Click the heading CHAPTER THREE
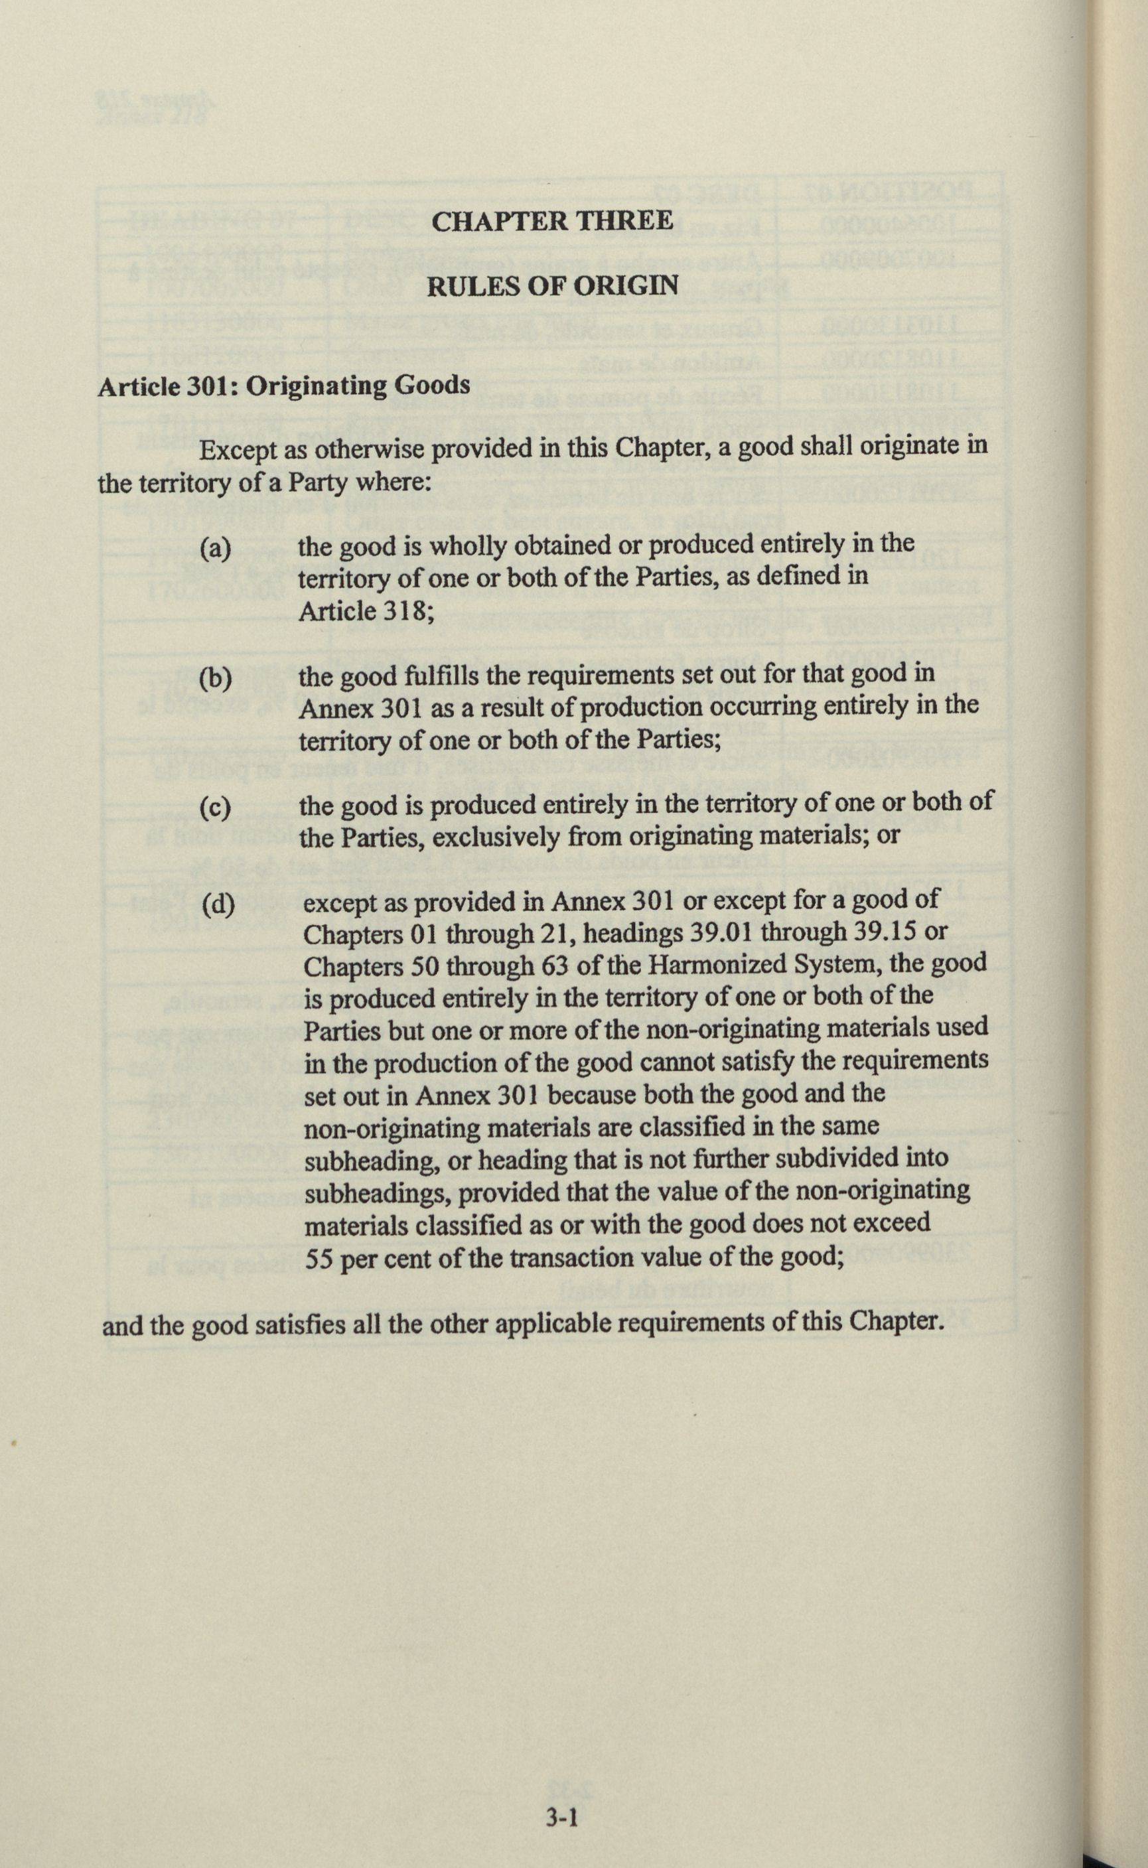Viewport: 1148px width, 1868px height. (552, 221)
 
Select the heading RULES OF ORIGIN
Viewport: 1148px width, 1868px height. (553, 287)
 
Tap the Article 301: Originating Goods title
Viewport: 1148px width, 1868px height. (284, 386)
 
